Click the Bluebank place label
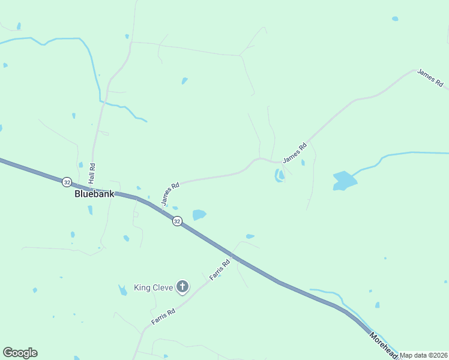click(x=94, y=194)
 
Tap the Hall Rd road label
click(x=92, y=173)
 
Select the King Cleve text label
click(x=153, y=287)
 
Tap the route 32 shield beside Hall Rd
click(x=67, y=181)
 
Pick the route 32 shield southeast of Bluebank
click(x=176, y=221)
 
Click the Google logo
click(x=20, y=353)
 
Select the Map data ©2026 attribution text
click(x=424, y=355)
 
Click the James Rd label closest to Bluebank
click(x=170, y=194)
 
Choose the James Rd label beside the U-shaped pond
click(x=295, y=153)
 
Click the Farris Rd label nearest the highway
click(x=220, y=270)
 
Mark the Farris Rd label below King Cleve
click(x=163, y=316)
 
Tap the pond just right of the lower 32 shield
click(x=199, y=214)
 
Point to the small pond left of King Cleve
click(x=122, y=290)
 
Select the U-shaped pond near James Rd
click(x=280, y=176)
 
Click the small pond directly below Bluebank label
click(x=90, y=210)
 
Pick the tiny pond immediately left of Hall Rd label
click(x=80, y=164)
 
